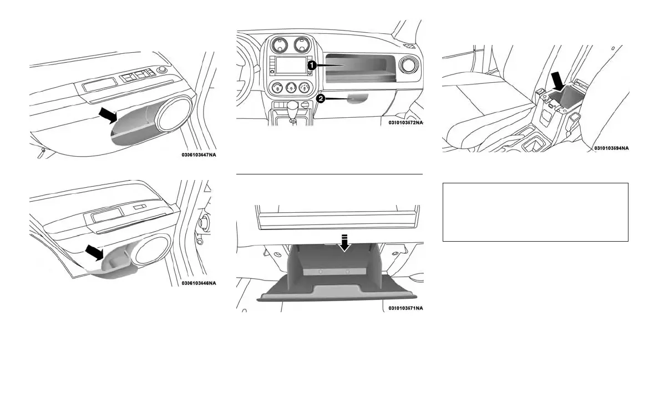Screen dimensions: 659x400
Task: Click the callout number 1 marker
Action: pyautogui.click(x=312, y=65)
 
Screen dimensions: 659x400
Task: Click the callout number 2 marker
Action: pyautogui.click(x=320, y=98)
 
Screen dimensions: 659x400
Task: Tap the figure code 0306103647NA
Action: pyautogui.click(x=199, y=154)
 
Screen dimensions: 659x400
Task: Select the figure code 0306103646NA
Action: pyautogui.click(x=199, y=283)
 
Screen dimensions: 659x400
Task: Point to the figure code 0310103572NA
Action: pyautogui.click(x=405, y=123)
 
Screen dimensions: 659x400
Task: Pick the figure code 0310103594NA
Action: pyautogui.click(x=611, y=148)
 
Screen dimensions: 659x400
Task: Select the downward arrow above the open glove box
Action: pyautogui.click(x=346, y=243)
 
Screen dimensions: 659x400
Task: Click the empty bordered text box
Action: pyautogui.click(x=535, y=212)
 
